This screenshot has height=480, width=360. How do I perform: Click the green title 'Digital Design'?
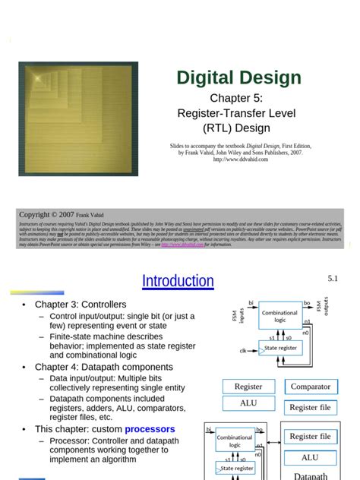point(238,77)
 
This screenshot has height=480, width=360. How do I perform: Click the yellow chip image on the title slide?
point(78,118)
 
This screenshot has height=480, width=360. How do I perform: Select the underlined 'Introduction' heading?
point(178,281)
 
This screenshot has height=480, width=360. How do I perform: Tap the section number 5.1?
point(333,279)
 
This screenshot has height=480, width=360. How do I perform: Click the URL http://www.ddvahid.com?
point(240,159)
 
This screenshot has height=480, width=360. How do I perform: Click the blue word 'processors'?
point(150,429)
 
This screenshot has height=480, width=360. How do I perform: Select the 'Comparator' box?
point(310,387)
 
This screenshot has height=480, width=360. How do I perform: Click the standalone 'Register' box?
point(248,387)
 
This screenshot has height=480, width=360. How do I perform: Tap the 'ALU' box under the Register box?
point(248,403)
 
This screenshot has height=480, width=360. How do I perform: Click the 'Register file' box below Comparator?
point(310,408)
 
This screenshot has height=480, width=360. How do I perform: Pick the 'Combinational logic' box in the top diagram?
point(279,317)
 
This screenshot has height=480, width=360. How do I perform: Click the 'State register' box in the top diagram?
point(280,348)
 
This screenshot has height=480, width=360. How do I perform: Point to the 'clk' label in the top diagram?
point(244,351)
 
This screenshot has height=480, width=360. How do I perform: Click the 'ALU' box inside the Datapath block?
point(310,458)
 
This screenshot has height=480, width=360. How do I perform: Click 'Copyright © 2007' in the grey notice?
point(46,215)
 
